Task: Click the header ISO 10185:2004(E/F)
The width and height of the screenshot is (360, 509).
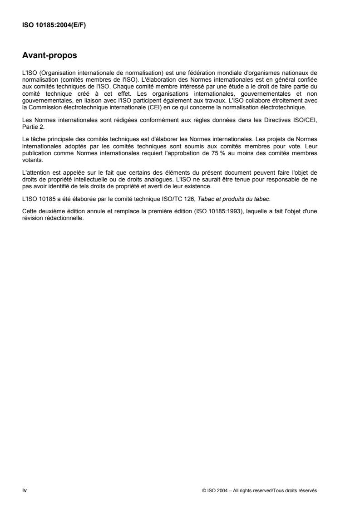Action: pyautogui.click(x=54, y=25)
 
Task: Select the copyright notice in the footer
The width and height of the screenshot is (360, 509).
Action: pyautogui.click(x=260, y=490)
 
